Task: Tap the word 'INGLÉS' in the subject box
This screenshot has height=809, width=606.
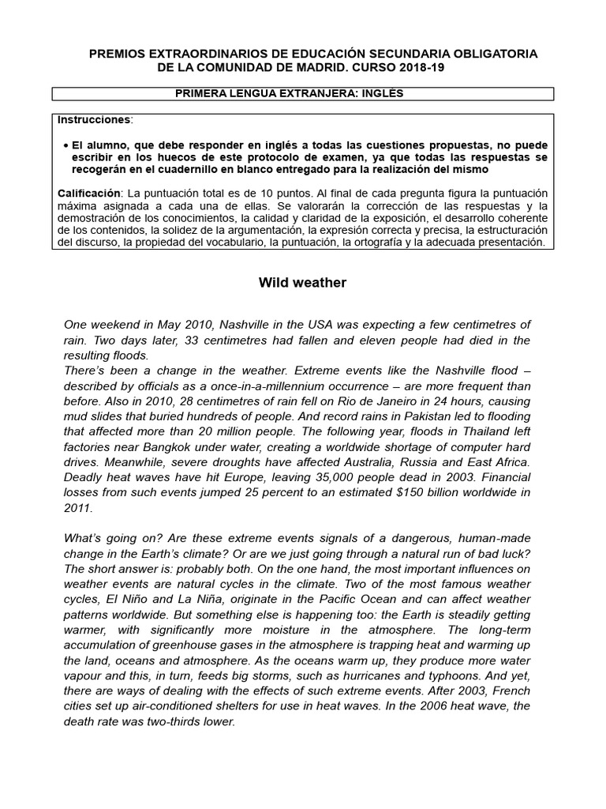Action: pos(381,93)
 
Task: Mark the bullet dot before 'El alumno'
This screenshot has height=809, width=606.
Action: pos(64,146)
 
